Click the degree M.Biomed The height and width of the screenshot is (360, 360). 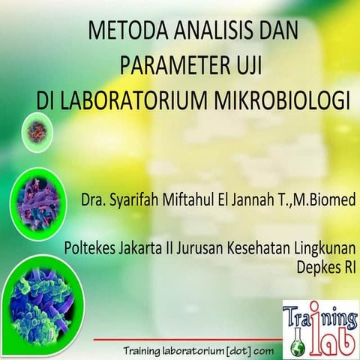325,201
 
